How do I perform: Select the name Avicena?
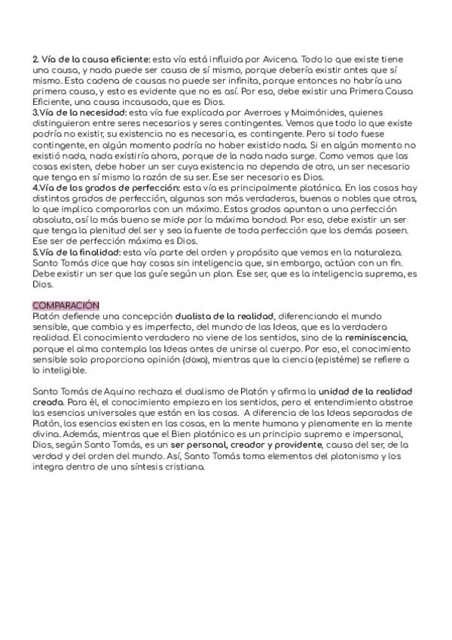[x=276, y=59]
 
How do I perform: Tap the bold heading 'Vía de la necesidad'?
[x=83, y=112]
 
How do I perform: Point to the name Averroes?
[x=232, y=112]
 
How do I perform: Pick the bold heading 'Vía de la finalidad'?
[x=83, y=251]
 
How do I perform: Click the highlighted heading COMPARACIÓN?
[x=66, y=305]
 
